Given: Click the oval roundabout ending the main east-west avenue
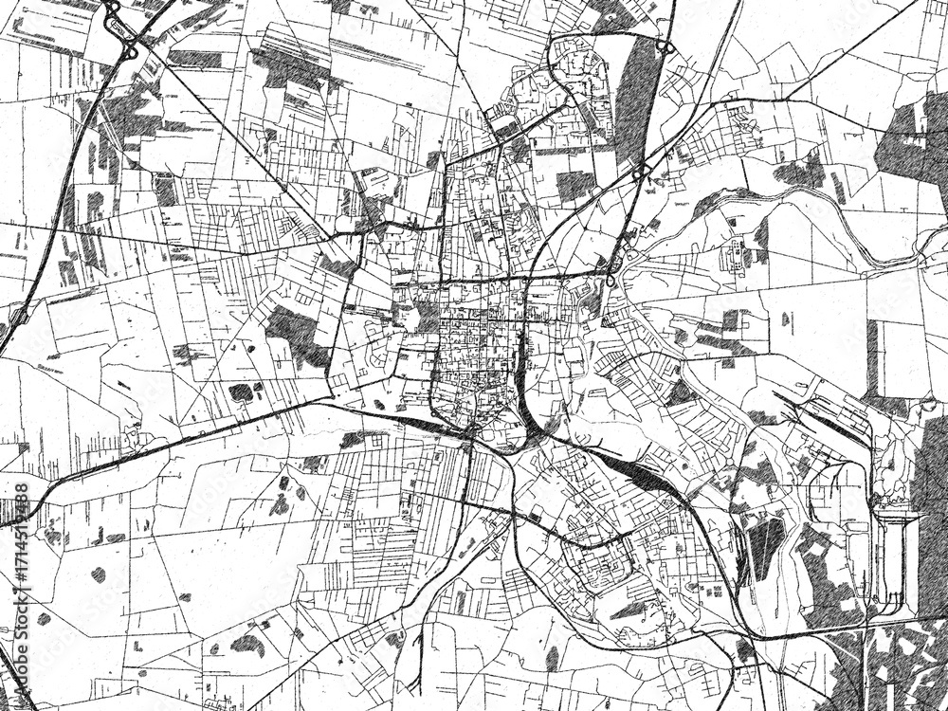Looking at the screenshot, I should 611,281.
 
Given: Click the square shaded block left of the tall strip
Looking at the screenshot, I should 574,185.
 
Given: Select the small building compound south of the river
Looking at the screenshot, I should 735,253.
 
